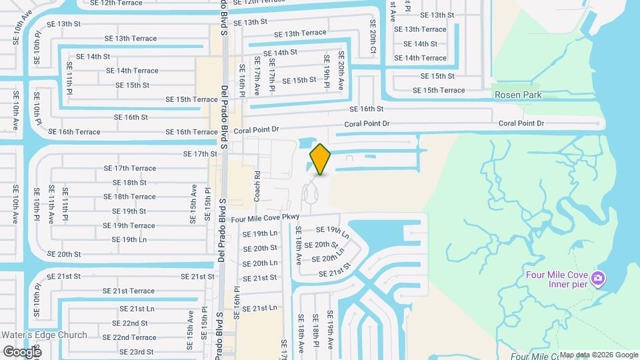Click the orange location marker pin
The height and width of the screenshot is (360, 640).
coord(321,159)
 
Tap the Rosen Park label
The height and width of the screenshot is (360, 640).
coord(518,95)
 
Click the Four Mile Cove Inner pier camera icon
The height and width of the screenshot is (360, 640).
coord(599,277)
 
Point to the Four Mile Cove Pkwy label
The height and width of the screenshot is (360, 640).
coord(267,218)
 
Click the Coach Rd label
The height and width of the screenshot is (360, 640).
coord(257,183)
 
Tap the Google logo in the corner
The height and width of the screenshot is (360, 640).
coord(22,351)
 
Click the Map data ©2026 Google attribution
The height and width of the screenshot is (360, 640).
coord(598,355)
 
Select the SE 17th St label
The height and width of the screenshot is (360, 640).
coord(201,154)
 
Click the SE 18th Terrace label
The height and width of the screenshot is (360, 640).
coord(129,197)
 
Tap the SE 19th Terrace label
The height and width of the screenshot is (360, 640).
coord(129,225)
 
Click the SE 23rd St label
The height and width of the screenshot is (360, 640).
coord(137,351)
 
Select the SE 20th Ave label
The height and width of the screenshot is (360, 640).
coord(341,71)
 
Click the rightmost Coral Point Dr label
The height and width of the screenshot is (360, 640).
coord(521,123)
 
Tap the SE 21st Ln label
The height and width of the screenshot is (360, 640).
coord(137,309)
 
